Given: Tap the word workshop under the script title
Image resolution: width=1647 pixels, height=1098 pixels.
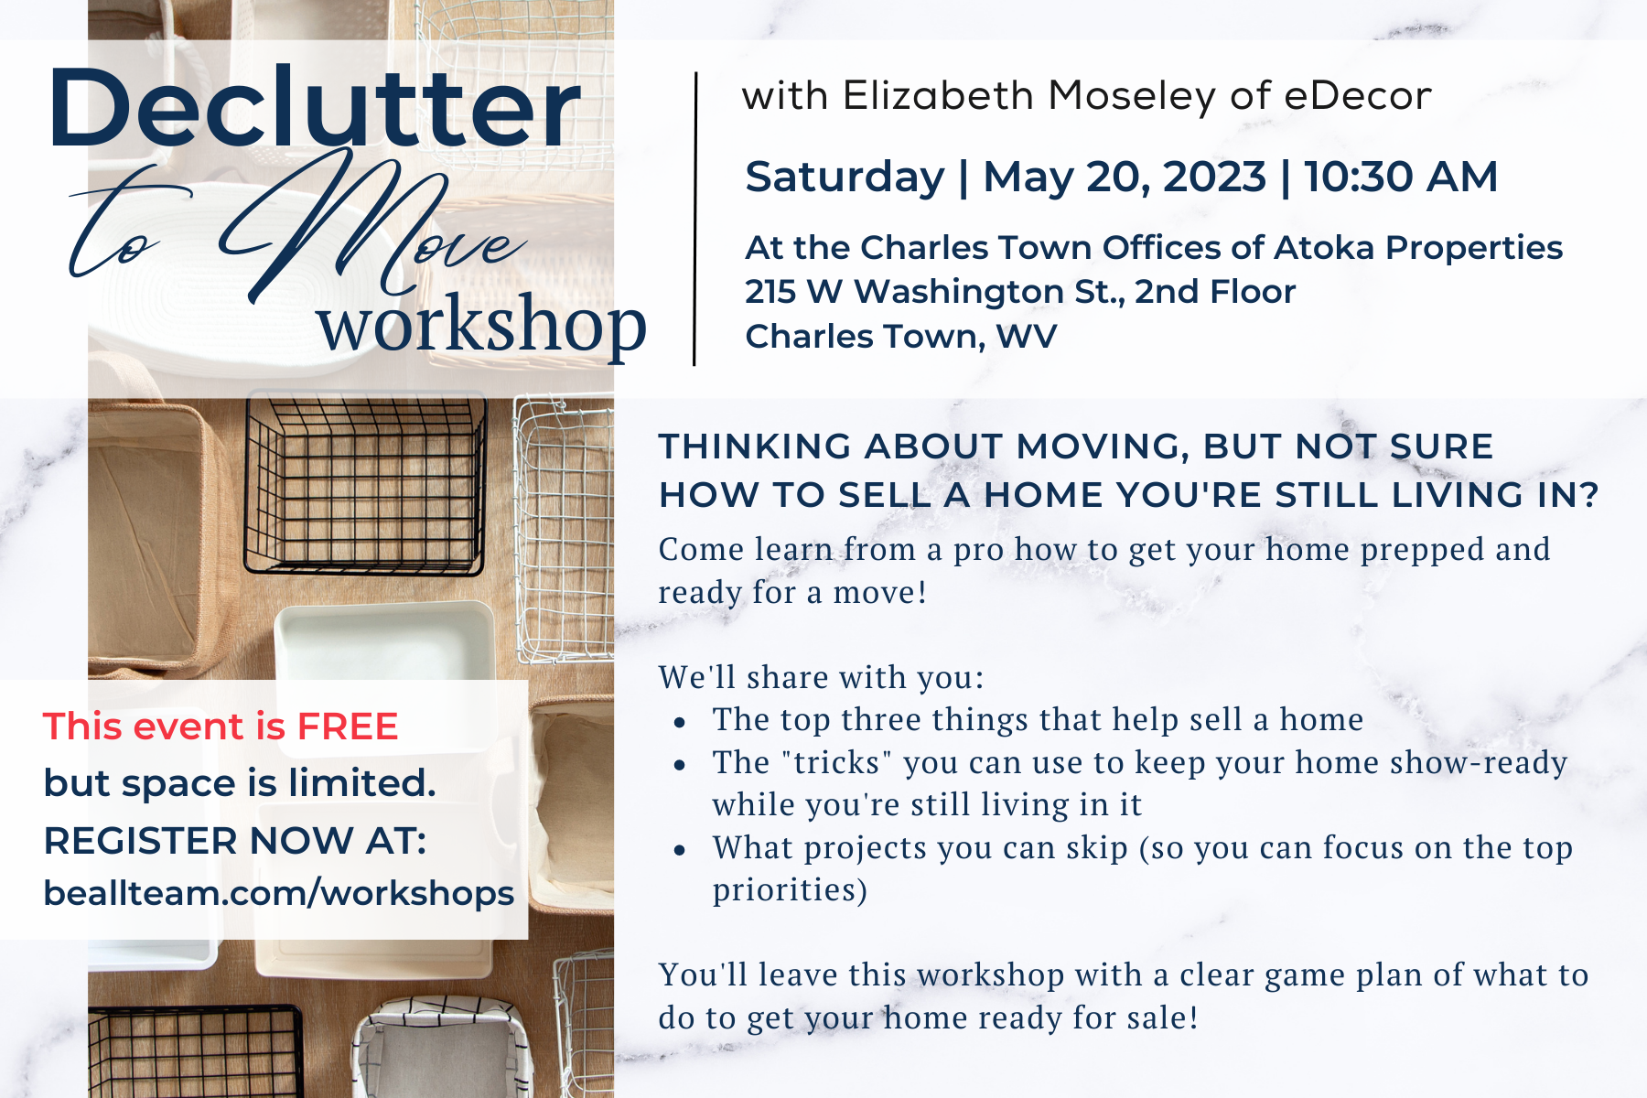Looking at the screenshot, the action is tap(482, 325).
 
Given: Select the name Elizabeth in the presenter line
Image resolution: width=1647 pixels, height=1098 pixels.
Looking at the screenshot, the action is tap(938, 95).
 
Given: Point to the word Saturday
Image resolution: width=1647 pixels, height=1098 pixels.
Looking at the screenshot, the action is tap(845, 177).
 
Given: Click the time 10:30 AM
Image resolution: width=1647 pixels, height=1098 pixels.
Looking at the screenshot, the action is tap(1401, 177).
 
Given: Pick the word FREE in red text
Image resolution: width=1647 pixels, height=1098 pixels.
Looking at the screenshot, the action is tap(348, 727).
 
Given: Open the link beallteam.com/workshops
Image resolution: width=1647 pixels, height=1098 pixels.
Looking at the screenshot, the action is tap(279, 893).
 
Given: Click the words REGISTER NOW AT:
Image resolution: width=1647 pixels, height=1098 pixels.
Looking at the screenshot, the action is tap(235, 840).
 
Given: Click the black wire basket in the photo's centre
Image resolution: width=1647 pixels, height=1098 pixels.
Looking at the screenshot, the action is tap(365, 484).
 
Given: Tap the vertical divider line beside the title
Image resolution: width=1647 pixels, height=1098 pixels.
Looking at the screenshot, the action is tap(695, 219).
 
